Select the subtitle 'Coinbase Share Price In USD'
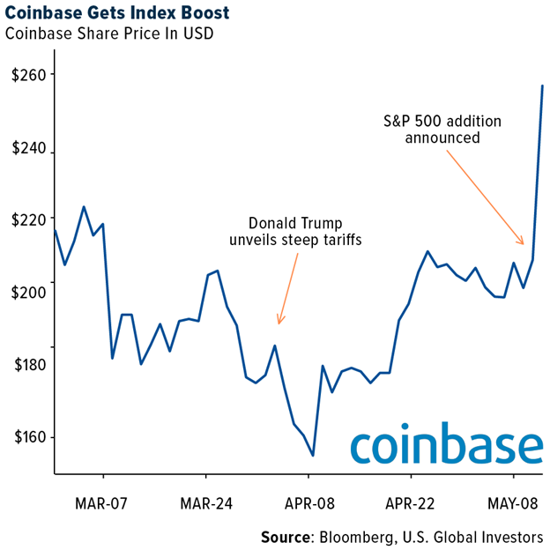tap(107, 35)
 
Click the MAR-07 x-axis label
tap(103, 504)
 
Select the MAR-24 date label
tap(205, 504)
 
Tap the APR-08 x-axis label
tap(308, 504)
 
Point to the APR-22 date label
tap(411, 504)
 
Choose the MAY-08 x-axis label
tap(514, 504)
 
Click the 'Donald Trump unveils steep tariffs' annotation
tap(295, 231)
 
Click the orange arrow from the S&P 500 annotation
tap(486, 196)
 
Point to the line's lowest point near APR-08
tap(313, 456)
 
